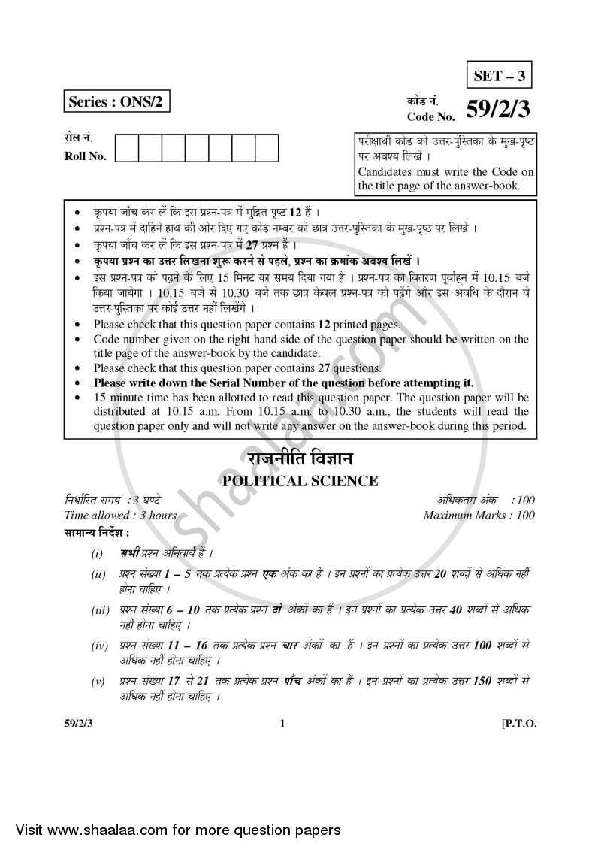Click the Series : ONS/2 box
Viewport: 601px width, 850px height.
tap(116, 104)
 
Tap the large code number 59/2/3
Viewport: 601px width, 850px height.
tap(497, 110)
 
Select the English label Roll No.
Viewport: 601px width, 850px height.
tap(86, 156)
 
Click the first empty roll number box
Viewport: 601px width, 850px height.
tap(128, 148)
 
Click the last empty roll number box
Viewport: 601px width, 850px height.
tap(267, 148)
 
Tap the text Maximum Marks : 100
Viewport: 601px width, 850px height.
tap(479, 516)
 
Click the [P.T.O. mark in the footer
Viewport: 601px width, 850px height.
tap(518, 724)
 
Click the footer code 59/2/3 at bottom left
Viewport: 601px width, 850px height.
tap(79, 724)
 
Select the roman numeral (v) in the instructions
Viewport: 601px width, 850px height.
tap(98, 682)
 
